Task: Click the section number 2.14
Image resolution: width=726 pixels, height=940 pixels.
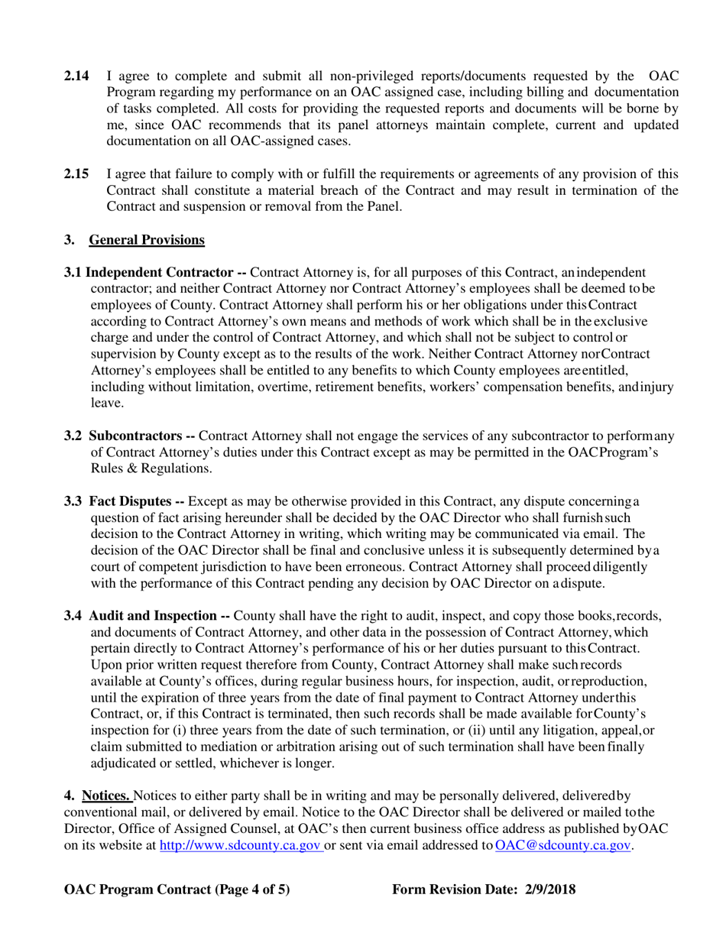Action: tap(76, 76)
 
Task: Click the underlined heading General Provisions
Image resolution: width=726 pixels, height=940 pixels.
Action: tap(147, 240)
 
